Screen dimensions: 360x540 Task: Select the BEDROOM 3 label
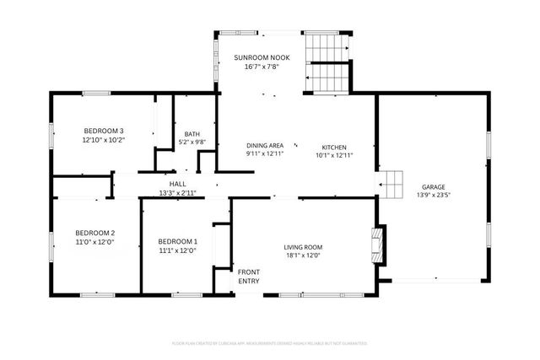(104, 131)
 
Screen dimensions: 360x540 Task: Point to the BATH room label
(192, 134)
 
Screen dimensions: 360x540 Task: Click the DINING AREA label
(264, 145)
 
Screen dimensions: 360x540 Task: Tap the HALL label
(177, 184)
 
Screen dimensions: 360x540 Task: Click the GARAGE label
(434, 187)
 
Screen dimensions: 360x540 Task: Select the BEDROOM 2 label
(94, 233)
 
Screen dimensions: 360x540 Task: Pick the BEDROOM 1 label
(177, 241)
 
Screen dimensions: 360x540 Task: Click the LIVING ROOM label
(303, 247)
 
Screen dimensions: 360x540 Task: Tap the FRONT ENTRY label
(248, 276)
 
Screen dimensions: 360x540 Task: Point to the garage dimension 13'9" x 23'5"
(434, 196)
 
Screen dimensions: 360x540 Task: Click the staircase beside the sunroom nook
(325, 62)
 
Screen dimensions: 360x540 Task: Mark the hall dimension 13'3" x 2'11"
(177, 193)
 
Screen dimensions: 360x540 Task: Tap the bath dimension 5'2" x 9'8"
(192, 142)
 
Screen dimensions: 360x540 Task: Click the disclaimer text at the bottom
(269, 343)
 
